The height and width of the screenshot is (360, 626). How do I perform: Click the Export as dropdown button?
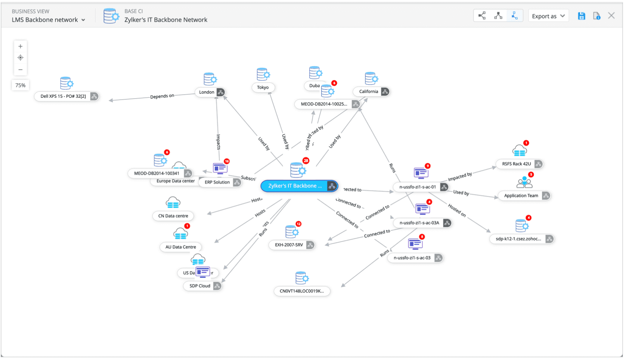pyautogui.click(x=548, y=16)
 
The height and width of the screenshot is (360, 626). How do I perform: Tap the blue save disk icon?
pyautogui.click(x=581, y=16)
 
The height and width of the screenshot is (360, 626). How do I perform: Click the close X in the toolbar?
pyautogui.click(x=611, y=16)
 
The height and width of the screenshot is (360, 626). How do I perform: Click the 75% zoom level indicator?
pyautogui.click(x=20, y=85)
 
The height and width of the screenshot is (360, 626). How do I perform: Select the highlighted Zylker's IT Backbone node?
pyautogui.click(x=295, y=186)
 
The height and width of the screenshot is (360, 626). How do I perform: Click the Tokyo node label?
pyautogui.click(x=263, y=87)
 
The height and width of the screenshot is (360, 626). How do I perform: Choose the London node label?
pyautogui.click(x=207, y=92)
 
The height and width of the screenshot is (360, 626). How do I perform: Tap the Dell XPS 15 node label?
pyautogui.click(x=63, y=96)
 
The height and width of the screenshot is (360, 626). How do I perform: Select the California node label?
pyautogui.click(x=368, y=92)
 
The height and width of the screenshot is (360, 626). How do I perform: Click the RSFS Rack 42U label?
pyautogui.click(x=516, y=164)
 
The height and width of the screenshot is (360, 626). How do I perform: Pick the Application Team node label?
pyautogui.click(x=521, y=196)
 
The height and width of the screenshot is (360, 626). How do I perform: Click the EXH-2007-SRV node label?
pyautogui.click(x=289, y=245)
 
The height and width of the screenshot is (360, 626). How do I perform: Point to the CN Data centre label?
pyautogui.click(x=173, y=216)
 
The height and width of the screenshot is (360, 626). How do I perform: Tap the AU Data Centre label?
pyautogui.click(x=181, y=247)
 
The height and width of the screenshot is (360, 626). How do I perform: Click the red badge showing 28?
pyautogui.click(x=306, y=161)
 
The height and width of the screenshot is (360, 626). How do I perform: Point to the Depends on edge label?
pyautogui.click(x=162, y=96)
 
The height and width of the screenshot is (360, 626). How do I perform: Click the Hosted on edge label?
pyautogui.click(x=457, y=210)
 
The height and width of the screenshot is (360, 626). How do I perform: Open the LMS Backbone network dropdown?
pyautogui.click(x=48, y=20)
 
